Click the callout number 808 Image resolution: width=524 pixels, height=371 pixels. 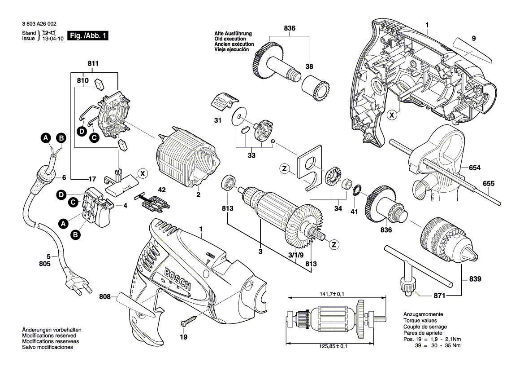pyautogui.click(x=105, y=296)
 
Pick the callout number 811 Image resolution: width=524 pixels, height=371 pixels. pyautogui.click(x=93, y=64)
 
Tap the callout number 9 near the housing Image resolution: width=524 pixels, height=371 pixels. pyautogui.click(x=473, y=38)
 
